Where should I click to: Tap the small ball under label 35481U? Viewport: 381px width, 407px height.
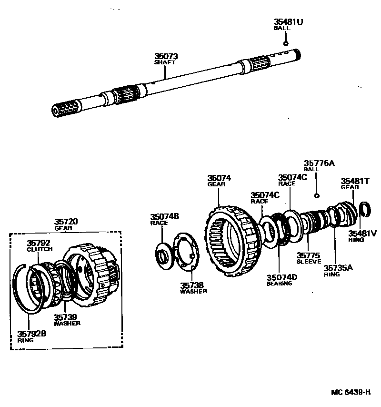click(286, 42)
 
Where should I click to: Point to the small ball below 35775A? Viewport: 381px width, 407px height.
click(316, 196)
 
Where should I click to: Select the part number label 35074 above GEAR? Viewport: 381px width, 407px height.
click(219, 178)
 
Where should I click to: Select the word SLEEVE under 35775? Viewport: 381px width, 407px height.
click(309, 262)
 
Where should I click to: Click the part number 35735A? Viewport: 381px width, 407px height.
click(338, 268)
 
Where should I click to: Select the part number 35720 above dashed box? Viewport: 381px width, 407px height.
click(66, 222)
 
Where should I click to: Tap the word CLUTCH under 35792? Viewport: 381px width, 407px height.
click(40, 249)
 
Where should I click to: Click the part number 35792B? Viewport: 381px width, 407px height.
click(32, 334)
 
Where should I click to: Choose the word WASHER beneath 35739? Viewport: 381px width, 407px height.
click(67, 323)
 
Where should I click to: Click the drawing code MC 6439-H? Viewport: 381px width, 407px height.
click(351, 393)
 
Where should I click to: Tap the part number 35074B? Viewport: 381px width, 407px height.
click(165, 216)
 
